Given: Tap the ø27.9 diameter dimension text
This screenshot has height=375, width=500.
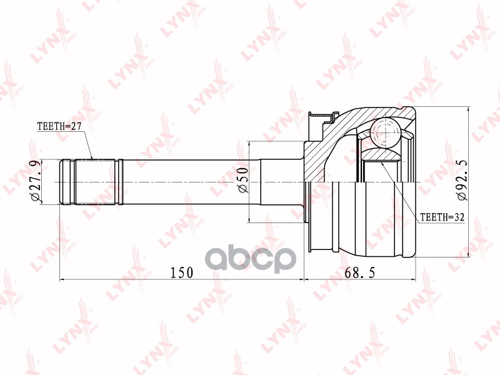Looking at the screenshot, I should point(37,181).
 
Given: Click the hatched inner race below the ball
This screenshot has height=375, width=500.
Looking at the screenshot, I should point(381,154).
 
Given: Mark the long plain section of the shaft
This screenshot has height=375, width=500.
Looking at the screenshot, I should point(187,182).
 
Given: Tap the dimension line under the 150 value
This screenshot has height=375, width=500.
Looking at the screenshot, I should point(181,279).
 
